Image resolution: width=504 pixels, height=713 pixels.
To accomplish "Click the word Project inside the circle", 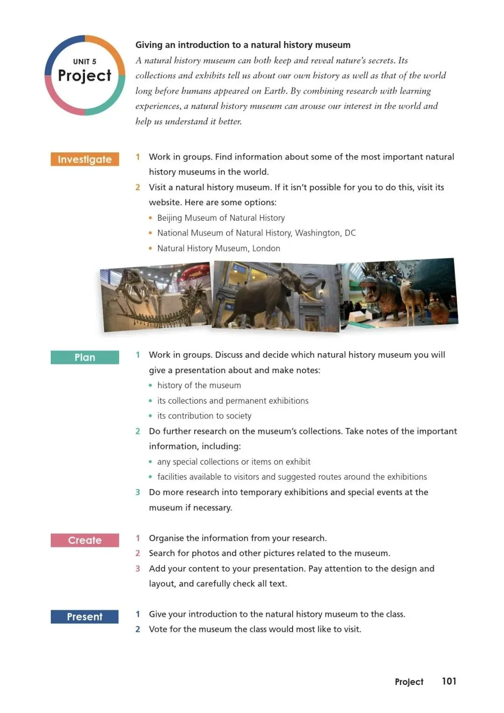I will [84, 76].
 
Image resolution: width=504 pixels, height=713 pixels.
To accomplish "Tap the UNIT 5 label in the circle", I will [84, 62].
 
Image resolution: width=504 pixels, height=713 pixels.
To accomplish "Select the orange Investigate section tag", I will [84, 160].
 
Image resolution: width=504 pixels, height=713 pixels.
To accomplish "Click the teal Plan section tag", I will [84, 357].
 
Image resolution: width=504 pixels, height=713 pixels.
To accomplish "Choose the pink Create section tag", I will [84, 540].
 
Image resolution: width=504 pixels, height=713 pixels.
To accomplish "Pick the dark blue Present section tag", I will [84, 617].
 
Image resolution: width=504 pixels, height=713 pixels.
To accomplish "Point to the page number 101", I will [449, 681].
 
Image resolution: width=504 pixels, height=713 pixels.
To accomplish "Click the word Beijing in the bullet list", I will [170, 218].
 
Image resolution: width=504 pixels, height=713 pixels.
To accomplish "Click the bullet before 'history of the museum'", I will [150, 385].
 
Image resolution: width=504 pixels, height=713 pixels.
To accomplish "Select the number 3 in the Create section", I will [138, 568].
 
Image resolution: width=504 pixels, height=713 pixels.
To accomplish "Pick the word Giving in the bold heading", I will [149, 45].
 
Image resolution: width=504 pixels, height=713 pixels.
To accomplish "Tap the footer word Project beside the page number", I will [409, 682].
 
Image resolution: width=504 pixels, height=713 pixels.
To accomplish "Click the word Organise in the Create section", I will [166, 538].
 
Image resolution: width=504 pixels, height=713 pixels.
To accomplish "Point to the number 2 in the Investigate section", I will [138, 187].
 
